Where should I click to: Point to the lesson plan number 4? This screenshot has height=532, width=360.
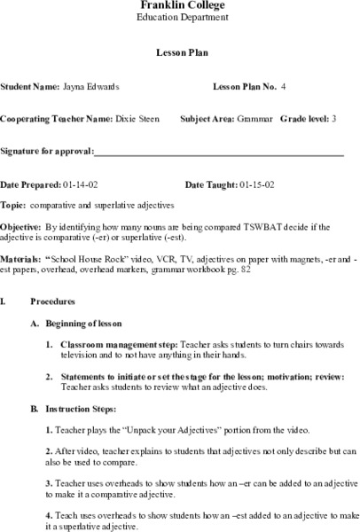284,87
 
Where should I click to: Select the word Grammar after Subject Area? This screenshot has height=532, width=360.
254,119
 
